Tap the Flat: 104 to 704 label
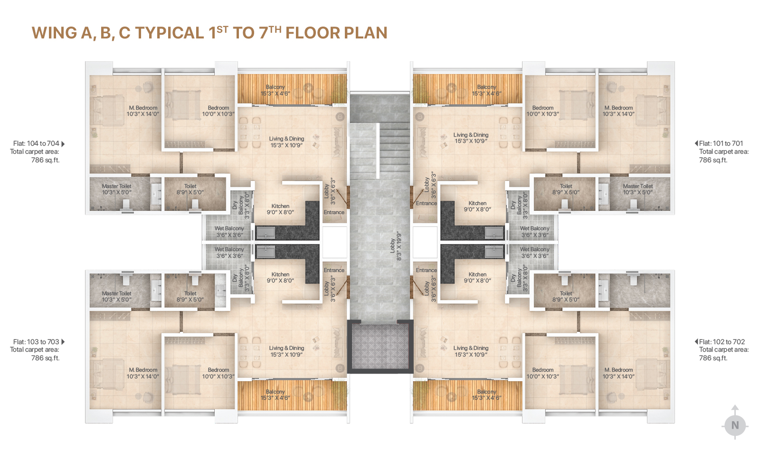coord(36,143)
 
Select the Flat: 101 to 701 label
coord(721,143)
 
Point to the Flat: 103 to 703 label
coord(36,342)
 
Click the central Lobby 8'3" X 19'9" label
coord(396,246)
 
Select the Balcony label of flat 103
coord(275,395)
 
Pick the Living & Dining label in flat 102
coord(471,351)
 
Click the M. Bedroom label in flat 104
coord(143,111)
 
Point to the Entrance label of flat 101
coord(427,203)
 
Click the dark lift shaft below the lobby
coord(380,346)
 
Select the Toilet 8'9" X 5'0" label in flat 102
coord(566,296)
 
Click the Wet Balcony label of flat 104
coord(229,232)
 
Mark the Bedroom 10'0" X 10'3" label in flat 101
coord(543,111)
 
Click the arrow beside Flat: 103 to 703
coord(63,342)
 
